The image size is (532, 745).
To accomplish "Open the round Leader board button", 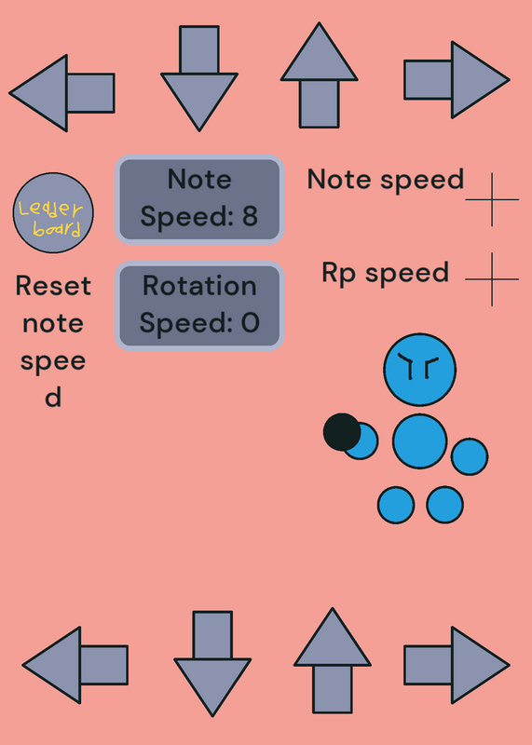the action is tap(53, 213).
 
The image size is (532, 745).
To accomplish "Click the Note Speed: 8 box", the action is tap(199, 199).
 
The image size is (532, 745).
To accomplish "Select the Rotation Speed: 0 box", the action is tap(199, 306).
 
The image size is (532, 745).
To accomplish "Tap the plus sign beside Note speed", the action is tap(492, 199).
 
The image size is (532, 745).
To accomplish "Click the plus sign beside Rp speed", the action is tap(492, 279).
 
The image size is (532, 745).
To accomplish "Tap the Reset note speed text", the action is tap(53, 341).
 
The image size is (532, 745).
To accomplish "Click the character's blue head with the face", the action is tap(420, 370).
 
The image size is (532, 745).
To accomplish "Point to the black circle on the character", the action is tap(342, 432).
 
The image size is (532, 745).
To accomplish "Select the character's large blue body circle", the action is tap(420, 441).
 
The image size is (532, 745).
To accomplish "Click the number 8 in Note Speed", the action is tap(250, 216).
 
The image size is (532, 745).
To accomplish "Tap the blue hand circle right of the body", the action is tap(470, 456).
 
